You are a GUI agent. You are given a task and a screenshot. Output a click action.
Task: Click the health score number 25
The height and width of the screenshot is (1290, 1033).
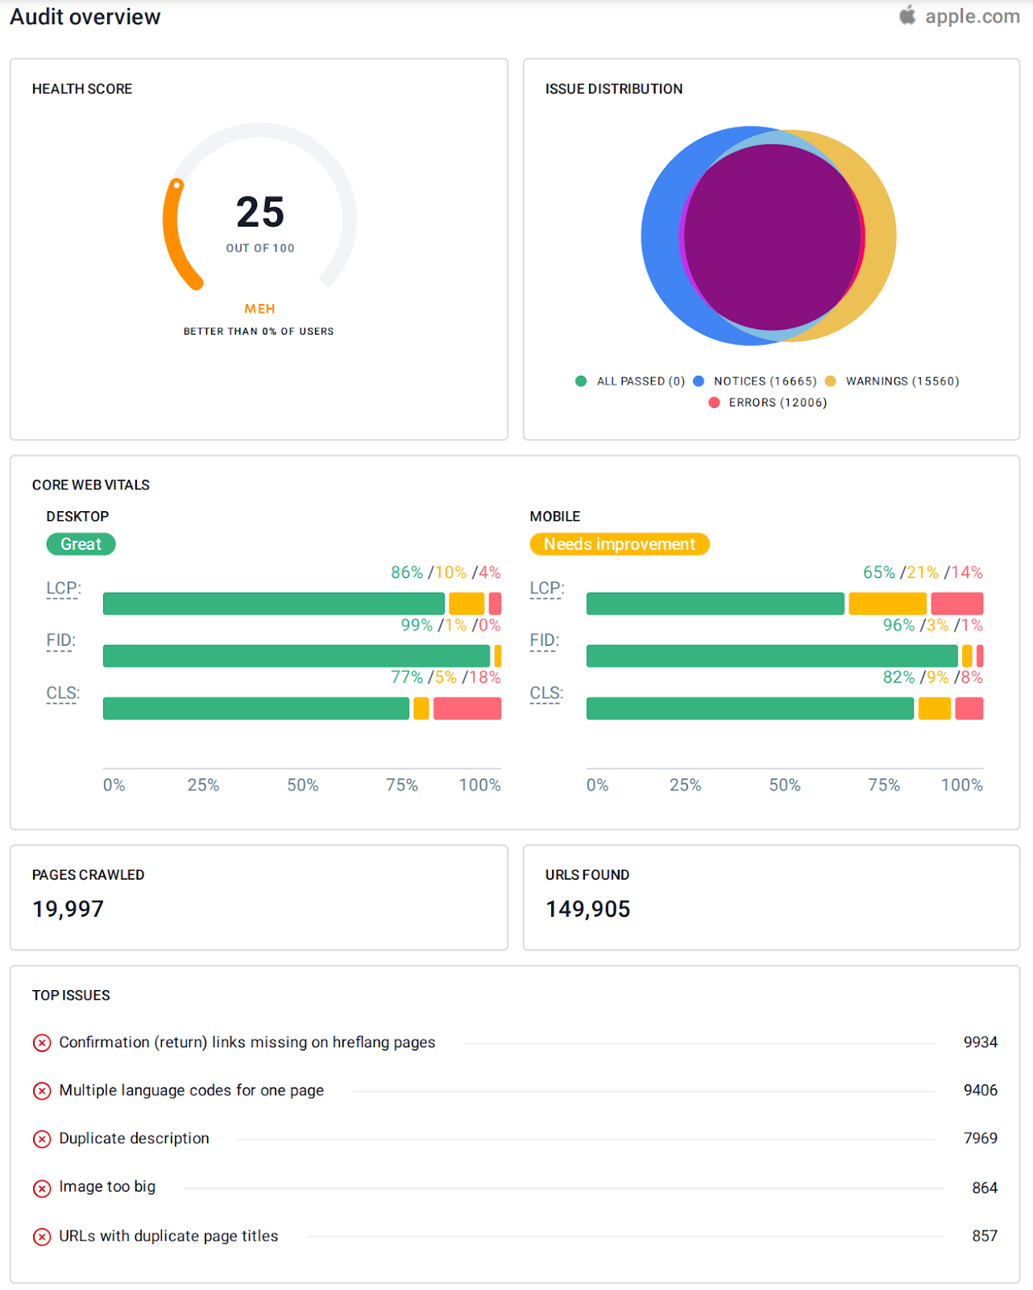pyautogui.click(x=259, y=213)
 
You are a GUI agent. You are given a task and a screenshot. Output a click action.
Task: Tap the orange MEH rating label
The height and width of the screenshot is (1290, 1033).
pyautogui.click(x=259, y=309)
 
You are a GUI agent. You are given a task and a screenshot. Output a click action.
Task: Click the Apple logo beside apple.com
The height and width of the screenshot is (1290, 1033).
pyautogui.click(x=908, y=15)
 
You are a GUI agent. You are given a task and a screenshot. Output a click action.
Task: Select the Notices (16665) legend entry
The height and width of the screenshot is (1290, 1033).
pyautogui.click(x=764, y=381)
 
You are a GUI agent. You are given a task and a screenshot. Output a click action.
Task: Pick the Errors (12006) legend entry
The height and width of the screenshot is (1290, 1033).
pyautogui.click(x=777, y=402)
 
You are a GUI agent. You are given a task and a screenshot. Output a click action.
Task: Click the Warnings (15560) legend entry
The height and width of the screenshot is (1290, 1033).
pyautogui.click(x=902, y=381)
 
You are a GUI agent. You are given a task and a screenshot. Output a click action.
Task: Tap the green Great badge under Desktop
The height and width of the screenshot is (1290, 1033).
pyautogui.click(x=81, y=544)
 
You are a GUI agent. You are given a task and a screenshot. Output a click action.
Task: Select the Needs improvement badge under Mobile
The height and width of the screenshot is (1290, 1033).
pyautogui.click(x=619, y=544)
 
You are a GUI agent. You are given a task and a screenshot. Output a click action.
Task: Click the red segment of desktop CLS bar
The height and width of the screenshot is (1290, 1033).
pyautogui.click(x=467, y=709)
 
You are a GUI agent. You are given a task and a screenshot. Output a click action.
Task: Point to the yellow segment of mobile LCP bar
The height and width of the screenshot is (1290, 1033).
pyautogui.click(x=887, y=604)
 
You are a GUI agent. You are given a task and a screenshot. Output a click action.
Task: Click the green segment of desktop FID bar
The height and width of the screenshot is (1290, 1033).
pyautogui.click(x=296, y=656)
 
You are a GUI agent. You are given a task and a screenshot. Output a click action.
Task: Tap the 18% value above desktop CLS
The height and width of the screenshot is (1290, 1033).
pyautogui.click(x=485, y=677)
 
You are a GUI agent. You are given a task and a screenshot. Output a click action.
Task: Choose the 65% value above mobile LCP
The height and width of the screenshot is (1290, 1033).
pyautogui.click(x=878, y=572)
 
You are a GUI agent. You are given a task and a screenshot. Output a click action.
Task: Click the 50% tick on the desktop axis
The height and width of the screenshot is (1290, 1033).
pyautogui.click(x=303, y=785)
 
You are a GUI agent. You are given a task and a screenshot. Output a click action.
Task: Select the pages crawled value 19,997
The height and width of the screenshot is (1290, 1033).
pyautogui.click(x=68, y=909)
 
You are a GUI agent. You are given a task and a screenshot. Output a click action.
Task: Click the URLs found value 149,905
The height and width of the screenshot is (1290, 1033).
pyautogui.click(x=587, y=909)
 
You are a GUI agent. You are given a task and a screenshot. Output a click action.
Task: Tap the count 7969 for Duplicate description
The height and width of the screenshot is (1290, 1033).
pyautogui.click(x=980, y=1138)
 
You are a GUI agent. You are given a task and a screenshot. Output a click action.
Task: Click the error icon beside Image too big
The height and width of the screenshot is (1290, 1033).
pyautogui.click(x=42, y=1188)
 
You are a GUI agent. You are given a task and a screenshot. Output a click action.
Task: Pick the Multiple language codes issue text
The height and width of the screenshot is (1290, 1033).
pyautogui.click(x=191, y=1091)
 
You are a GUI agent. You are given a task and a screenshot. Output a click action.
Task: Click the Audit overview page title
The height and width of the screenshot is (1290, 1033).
pyautogui.click(x=85, y=17)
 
